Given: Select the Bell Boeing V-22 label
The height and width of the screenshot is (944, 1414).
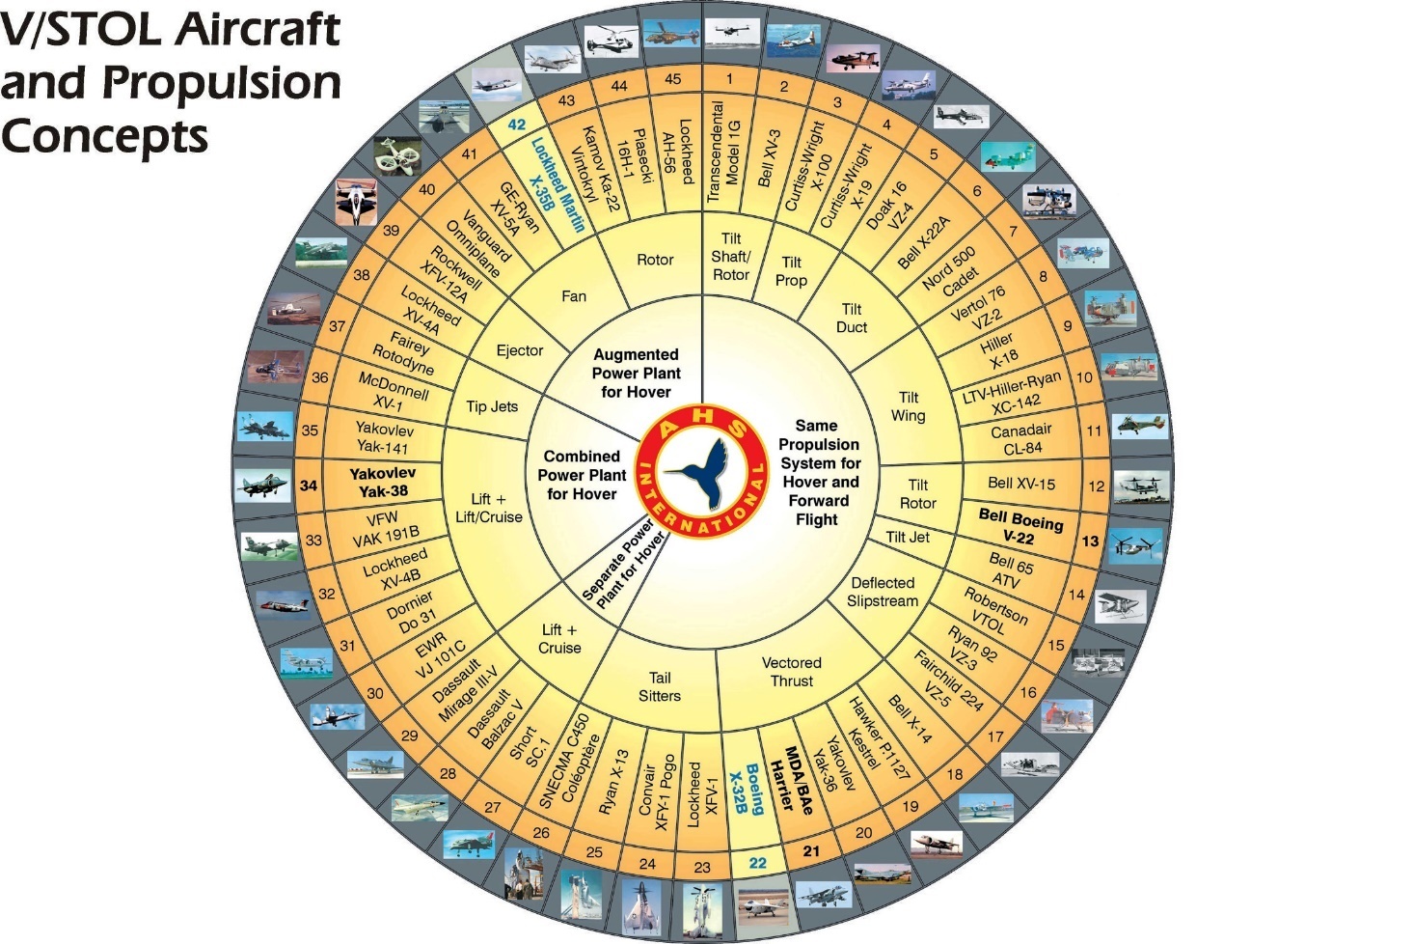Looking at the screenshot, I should pos(1020,527).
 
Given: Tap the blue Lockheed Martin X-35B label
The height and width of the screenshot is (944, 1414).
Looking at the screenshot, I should pos(557,184).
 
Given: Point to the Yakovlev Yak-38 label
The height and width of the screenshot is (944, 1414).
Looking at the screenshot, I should pos(383,482).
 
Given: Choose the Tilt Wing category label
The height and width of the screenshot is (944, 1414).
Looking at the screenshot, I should pos(909,406).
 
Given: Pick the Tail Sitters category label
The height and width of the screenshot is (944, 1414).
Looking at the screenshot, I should pos(660,686).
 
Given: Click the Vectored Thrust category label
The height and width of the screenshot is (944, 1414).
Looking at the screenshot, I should pos(792,672).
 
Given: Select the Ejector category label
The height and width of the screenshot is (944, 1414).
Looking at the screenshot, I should pos(520,350).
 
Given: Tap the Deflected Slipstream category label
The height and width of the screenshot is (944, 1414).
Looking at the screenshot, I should pos(883,592).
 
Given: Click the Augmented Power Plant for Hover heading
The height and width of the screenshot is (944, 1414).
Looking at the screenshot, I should pos(636,374).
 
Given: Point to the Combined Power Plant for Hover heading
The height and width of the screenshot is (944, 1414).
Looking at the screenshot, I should pos(582,475).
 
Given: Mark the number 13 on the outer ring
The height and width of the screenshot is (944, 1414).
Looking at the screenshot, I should pos(1090,541).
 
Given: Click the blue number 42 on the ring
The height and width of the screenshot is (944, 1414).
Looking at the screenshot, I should pos(517,125).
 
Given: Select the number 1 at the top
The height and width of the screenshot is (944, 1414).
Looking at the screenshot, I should pos(729,79).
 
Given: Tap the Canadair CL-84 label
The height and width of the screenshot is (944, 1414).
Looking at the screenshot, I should pos(1020,439).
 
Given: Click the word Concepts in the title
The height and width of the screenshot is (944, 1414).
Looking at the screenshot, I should pos(104,135).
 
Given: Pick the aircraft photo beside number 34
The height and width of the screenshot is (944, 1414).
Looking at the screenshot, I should pos(262,486).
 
